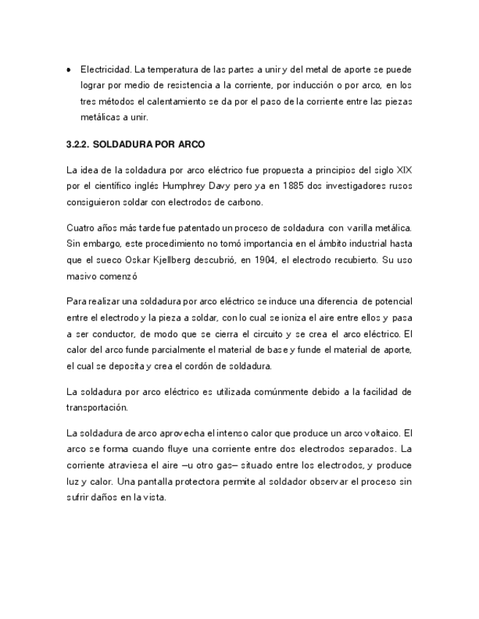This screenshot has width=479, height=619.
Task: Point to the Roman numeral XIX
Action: pos(402,170)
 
